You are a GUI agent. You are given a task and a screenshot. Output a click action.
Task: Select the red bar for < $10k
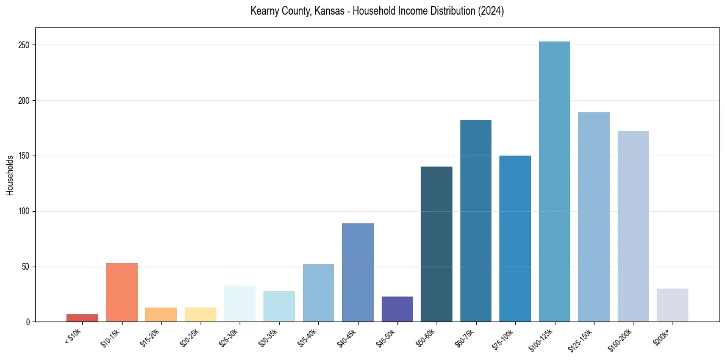click(x=82, y=318)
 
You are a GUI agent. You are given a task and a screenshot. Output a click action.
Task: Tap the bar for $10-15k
click(x=121, y=292)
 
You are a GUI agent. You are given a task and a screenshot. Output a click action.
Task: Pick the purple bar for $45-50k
click(x=397, y=309)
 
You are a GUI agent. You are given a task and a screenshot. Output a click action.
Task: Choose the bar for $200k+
click(x=672, y=305)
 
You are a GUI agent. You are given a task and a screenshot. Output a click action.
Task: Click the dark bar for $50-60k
click(x=437, y=244)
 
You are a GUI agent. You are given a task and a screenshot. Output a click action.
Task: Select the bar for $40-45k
click(x=358, y=272)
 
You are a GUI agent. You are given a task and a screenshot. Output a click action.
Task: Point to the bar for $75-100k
click(x=515, y=239)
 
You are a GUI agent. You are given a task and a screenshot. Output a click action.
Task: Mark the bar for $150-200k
click(x=633, y=226)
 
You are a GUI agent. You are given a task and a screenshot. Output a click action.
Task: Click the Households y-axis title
click(x=10, y=175)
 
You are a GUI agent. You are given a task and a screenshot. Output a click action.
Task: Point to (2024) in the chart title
click(x=491, y=11)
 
